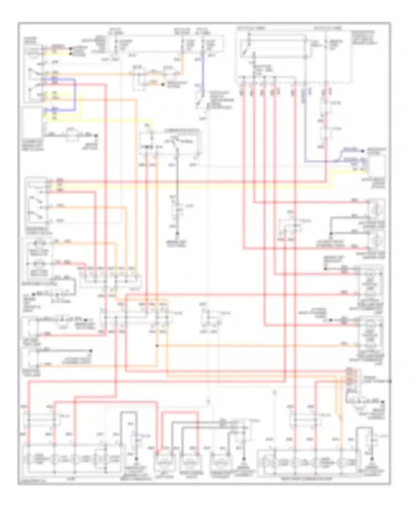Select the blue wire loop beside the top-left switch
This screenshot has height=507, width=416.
click(x=74, y=96)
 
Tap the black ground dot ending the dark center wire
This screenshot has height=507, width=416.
click(x=177, y=234)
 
